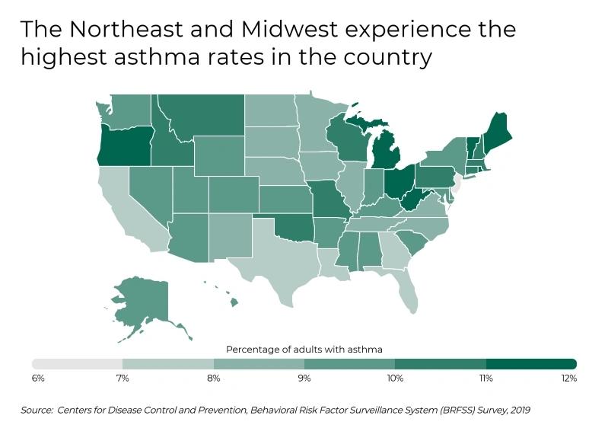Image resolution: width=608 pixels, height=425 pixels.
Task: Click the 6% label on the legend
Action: (38, 378)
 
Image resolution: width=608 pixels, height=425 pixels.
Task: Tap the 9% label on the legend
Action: (304, 378)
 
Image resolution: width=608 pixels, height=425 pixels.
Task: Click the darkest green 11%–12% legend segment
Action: (531, 363)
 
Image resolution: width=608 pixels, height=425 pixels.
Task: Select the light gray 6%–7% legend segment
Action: (77, 363)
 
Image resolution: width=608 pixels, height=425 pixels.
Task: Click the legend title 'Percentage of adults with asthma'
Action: (304, 349)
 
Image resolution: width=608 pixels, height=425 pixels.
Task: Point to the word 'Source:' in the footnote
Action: (37, 410)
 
